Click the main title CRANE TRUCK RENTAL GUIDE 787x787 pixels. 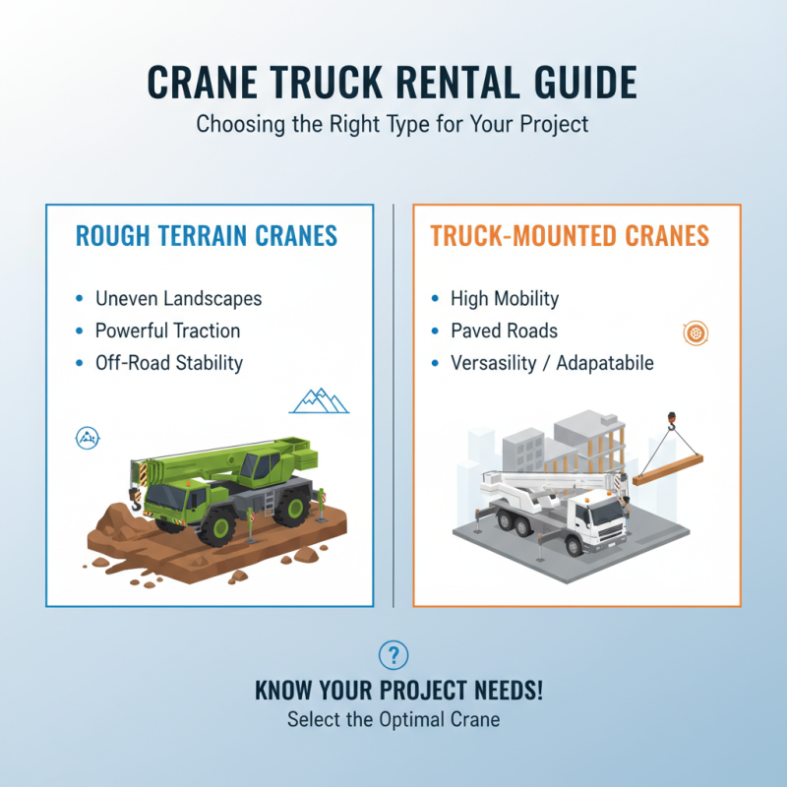(x=393, y=83)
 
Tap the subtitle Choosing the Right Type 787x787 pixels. (x=393, y=126)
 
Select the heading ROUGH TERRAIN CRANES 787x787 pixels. (x=207, y=236)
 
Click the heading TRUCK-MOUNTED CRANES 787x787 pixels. (x=570, y=236)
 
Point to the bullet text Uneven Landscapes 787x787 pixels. (x=178, y=298)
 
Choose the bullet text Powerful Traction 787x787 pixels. (x=167, y=331)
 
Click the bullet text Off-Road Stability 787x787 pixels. (x=168, y=363)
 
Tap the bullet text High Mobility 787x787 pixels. (x=505, y=298)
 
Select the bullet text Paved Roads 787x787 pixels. (x=504, y=331)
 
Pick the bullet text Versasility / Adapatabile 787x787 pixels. (x=552, y=363)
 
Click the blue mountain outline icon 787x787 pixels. (x=321, y=399)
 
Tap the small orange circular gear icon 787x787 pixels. (x=696, y=334)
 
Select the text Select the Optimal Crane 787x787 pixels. (x=393, y=720)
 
